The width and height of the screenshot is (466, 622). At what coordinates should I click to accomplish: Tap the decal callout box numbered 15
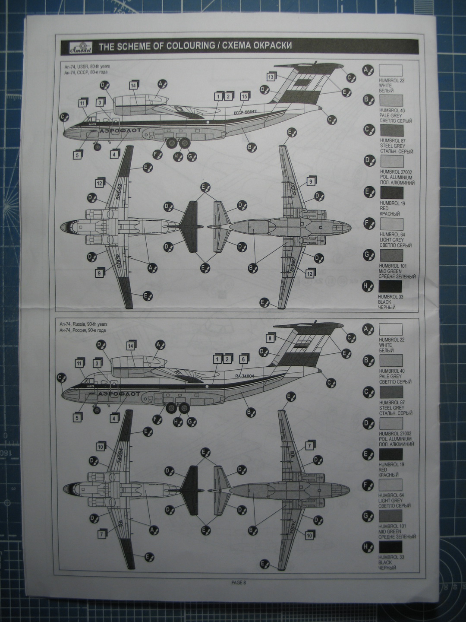[244, 97]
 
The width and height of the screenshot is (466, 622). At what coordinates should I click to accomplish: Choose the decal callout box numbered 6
[244, 359]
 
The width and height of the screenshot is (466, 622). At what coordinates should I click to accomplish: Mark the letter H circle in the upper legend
[368, 286]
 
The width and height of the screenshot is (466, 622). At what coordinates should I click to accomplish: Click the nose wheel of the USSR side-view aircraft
[98, 147]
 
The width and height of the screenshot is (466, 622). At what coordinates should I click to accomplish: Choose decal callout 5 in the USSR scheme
[78, 155]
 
